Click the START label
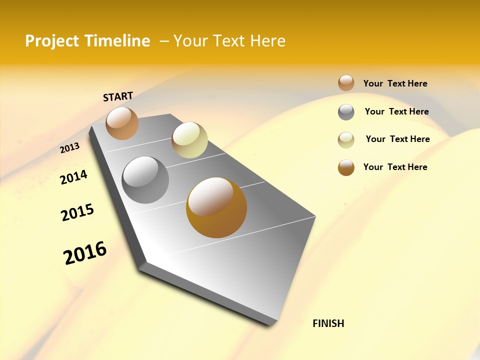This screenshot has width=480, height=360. [118, 96]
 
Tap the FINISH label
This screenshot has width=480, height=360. [328, 323]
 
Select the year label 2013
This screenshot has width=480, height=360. [70, 148]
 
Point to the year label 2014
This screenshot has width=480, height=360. [73, 177]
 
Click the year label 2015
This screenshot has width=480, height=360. [77, 212]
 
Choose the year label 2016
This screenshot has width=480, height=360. [85, 252]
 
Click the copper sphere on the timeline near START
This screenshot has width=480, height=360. [122, 123]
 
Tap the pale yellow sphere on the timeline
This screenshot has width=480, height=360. [189, 140]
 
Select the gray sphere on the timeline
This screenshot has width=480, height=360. [145, 180]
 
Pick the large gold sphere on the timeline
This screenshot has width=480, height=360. [216, 207]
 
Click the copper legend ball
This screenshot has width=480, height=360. [346, 83]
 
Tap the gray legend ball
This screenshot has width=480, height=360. [346, 112]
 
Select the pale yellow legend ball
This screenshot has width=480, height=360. [346, 140]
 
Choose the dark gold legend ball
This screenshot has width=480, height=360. [346, 167]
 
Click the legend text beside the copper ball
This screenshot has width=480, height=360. [395, 83]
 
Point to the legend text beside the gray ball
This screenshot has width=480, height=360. [396, 111]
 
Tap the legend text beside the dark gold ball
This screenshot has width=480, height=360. [395, 167]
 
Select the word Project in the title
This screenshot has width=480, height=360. [52, 41]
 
